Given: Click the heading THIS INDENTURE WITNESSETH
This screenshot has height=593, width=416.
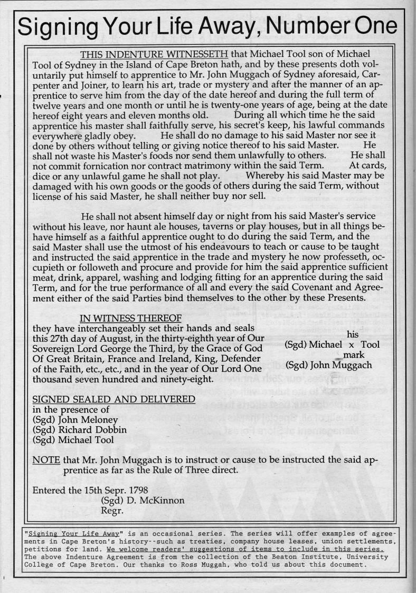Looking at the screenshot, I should (x=154, y=55).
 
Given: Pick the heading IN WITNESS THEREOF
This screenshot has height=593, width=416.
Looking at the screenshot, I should (x=130, y=318).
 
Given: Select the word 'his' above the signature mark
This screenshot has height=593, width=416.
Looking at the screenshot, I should (x=353, y=334).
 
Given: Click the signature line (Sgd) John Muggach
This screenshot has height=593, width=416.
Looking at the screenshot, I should (x=328, y=365).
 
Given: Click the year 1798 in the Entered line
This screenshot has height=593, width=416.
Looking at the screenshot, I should (x=152, y=490).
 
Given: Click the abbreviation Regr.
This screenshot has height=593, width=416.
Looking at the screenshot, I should (x=111, y=511).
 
